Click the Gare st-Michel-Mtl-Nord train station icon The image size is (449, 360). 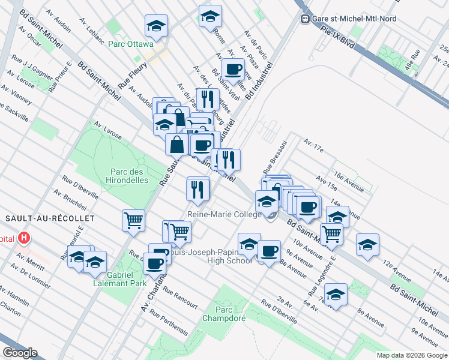[x=305, y=19]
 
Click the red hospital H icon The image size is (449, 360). [x=23, y=238]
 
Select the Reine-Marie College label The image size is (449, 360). [x=224, y=214]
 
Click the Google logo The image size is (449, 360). [x=19, y=353]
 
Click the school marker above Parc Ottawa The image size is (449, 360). [x=156, y=26]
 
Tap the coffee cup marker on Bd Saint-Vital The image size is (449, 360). [x=233, y=68]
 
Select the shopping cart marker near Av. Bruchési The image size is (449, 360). [x=133, y=220]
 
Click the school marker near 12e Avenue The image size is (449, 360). [x=367, y=244]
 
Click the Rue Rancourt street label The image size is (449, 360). [x=180, y=298]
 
